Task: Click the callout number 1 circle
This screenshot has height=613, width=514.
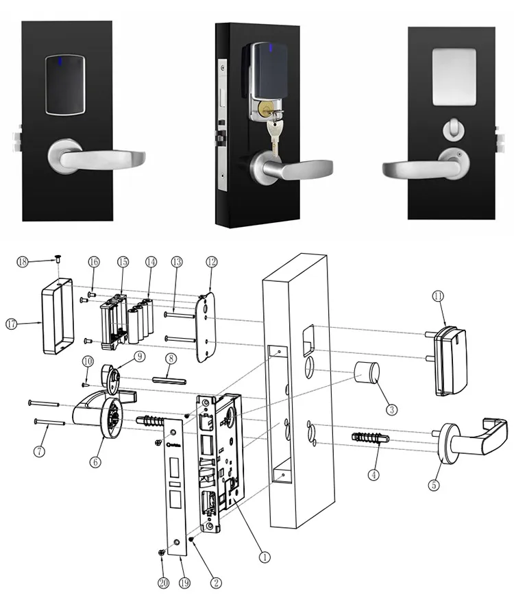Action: (x=265, y=557)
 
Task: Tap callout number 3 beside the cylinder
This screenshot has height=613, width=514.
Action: (x=391, y=409)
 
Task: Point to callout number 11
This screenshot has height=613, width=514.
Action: (x=439, y=296)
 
